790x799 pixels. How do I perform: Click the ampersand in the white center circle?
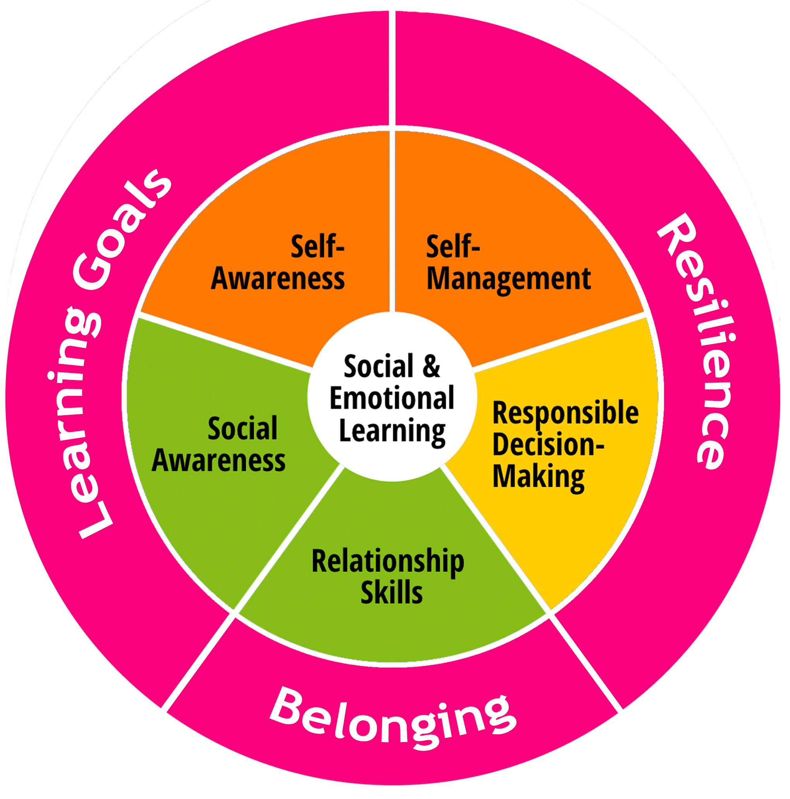tap(431, 366)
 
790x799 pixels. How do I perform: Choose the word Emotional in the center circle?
tap(392, 398)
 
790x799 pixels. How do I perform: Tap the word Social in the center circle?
tap(378, 366)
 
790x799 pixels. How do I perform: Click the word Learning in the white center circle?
tap(392, 431)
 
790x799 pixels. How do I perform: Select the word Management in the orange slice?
tap(508, 279)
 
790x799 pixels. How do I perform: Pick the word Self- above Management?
tap(453, 246)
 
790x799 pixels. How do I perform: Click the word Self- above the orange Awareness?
tap(317, 246)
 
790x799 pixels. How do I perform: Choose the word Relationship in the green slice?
tap(387, 562)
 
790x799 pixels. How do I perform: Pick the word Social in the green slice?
tap(243, 428)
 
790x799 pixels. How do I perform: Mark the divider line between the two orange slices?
tap(392, 219)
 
